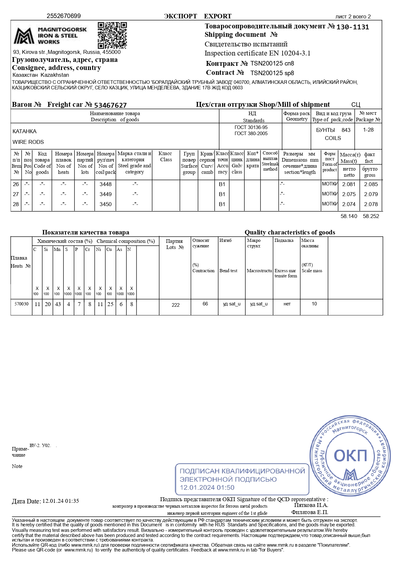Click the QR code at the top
[112, 35]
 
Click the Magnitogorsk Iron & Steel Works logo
[50, 36]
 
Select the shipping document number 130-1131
[353, 27]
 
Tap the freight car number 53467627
[110, 105]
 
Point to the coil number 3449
[105, 194]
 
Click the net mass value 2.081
[349, 184]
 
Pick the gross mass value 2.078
[371, 204]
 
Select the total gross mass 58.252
[371, 216]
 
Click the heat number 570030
[22, 304]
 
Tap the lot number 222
[176, 305]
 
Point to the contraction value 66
[205, 304]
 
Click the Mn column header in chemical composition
[57, 249]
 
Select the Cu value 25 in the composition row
[110, 304]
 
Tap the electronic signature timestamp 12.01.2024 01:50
[207, 487]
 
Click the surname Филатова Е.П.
[309, 512]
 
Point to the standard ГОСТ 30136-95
[251, 127]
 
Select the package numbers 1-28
[368, 130]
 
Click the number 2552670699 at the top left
[63, 16]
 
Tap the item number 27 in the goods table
[16, 194]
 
